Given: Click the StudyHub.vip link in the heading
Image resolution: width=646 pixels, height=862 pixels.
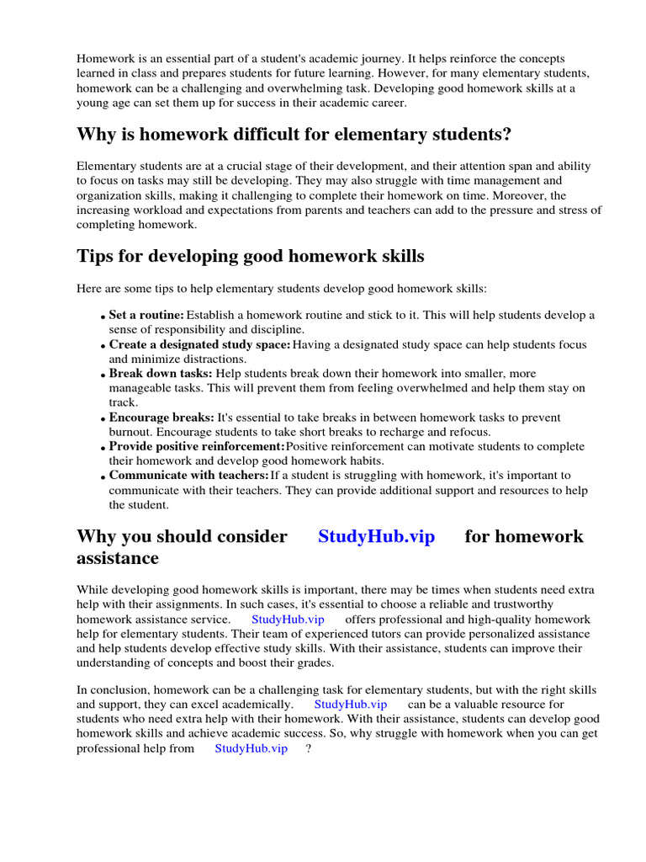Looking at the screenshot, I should tap(376, 537).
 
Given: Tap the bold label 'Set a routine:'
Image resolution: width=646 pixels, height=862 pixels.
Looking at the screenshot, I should tap(146, 315).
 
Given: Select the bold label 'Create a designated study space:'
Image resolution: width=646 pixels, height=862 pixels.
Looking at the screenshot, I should tap(199, 344).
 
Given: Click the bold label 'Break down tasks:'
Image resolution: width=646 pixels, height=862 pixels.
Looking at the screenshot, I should tap(161, 373).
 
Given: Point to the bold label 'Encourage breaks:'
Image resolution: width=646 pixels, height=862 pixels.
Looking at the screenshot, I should tap(161, 418).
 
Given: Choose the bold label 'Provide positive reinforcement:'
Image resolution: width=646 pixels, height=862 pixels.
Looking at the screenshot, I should tap(197, 446).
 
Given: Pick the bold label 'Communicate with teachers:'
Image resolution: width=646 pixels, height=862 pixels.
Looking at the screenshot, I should tap(188, 476).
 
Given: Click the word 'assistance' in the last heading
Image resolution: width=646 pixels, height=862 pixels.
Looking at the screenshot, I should tap(117, 558).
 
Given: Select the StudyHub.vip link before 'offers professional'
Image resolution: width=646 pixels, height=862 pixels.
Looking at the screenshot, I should tap(288, 619).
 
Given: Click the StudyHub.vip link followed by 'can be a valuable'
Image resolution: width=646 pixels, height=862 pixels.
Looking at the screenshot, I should tap(351, 704).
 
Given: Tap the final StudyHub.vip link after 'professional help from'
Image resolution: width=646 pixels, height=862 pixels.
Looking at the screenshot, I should tap(251, 748).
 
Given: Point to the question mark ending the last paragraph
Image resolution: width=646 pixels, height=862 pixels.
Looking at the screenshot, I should tap(310, 748).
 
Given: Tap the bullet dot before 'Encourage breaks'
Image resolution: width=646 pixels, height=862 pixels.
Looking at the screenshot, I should tap(103, 419).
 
